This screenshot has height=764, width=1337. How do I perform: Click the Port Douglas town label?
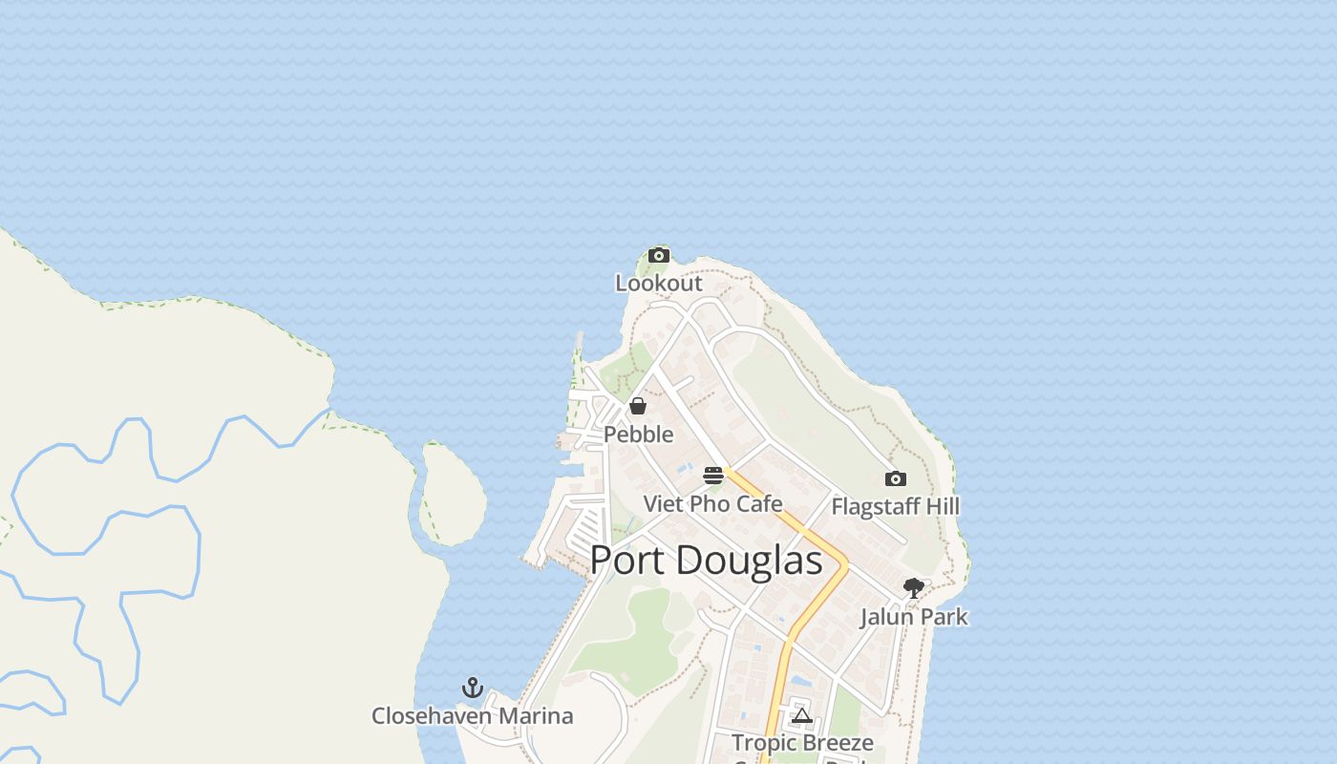click(x=706, y=561)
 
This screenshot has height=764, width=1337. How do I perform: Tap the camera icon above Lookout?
click(x=658, y=255)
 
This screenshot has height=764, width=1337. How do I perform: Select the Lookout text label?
click(x=658, y=283)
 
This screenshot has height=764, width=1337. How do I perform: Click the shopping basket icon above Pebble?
click(x=638, y=406)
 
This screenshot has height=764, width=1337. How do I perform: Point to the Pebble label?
click(x=638, y=435)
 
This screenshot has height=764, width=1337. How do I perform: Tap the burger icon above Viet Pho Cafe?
click(x=713, y=476)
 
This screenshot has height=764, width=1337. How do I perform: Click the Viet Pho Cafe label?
click(x=712, y=503)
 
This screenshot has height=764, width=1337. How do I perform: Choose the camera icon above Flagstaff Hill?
click(x=895, y=478)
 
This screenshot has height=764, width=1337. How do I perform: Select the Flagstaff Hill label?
click(x=895, y=506)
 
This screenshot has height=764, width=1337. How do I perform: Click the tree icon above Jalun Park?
click(x=914, y=588)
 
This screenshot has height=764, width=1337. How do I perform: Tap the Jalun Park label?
click(x=914, y=617)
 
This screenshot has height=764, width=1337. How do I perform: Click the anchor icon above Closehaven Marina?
click(x=472, y=688)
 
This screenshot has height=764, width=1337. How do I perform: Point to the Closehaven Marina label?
click(x=472, y=716)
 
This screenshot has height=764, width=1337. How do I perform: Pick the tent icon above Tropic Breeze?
click(x=801, y=715)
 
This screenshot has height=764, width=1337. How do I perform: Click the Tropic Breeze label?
click(x=802, y=742)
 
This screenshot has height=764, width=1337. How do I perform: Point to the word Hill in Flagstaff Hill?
click(x=941, y=506)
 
